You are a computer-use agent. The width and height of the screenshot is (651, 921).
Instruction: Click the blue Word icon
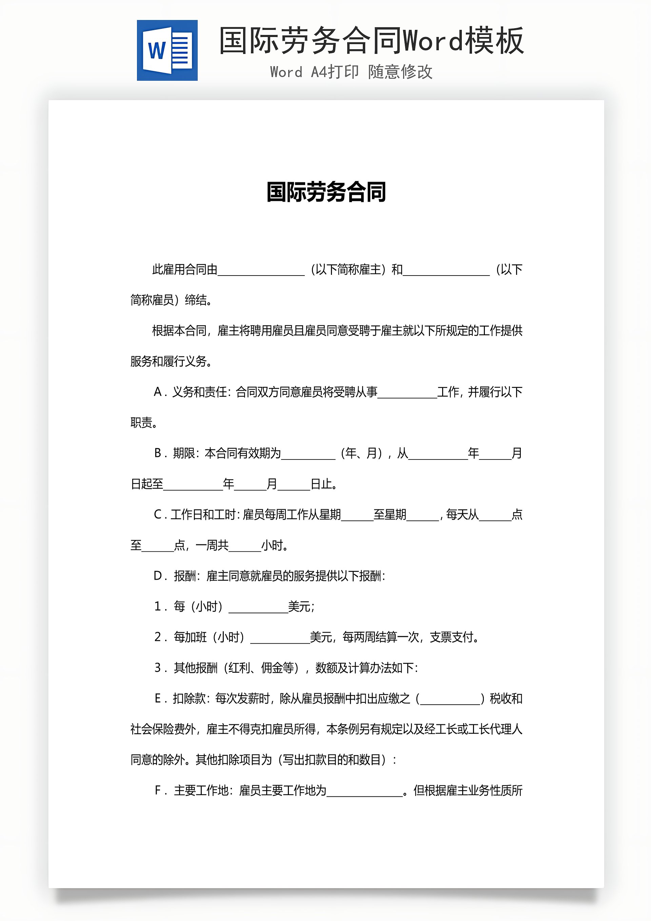coord(167,51)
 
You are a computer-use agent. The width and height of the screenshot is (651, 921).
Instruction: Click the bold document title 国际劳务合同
coord(326,192)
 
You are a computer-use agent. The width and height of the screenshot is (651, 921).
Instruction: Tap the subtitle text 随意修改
coord(400,72)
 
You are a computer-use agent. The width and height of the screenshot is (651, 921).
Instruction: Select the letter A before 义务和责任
coord(158,392)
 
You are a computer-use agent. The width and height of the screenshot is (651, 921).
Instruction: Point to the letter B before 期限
coord(158,453)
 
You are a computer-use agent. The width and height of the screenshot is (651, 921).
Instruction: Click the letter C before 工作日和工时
coord(158,515)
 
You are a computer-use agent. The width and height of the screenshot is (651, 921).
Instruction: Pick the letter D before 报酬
coord(158,576)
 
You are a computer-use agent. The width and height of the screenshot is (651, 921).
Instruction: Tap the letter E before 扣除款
coord(158,699)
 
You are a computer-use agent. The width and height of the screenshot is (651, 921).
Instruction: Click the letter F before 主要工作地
coord(158,791)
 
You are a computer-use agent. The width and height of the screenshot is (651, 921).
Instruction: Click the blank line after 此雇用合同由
coord(261,271)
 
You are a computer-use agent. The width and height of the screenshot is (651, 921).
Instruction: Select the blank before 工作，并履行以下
coord(407,393)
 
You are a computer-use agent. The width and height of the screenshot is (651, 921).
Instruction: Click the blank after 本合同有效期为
coord(308,454)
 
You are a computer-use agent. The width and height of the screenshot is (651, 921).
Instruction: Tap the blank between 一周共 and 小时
coord(245,547)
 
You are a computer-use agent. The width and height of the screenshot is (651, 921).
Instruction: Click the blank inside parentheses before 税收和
coord(450,700)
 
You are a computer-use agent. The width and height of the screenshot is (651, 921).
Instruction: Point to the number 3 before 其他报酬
coord(158,668)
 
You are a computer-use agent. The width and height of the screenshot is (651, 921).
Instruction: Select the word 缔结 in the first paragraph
coord(196,300)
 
